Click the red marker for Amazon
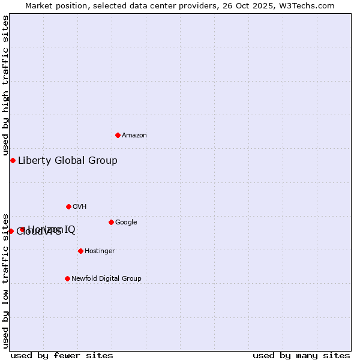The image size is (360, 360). click(118, 135)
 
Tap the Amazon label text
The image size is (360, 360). click(134, 136)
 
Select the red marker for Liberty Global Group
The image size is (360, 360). click(13, 160)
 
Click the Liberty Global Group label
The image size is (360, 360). click(67, 160)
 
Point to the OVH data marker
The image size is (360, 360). click(68, 206)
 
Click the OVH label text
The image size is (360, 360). click(79, 207)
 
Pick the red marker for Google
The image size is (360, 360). click(111, 222)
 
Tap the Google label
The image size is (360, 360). click(126, 223)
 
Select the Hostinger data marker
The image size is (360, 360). click(80, 251)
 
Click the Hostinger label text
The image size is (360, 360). click(100, 251)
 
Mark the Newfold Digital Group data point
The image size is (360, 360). click(67, 278)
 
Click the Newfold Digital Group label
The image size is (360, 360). click(106, 278)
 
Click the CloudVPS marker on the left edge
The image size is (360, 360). click(11, 231)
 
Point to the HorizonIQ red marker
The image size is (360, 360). click(22, 229)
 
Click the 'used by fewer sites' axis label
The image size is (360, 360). click(62, 355)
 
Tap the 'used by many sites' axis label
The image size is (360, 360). click(301, 355)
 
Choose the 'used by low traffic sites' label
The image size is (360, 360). click(5, 280)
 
